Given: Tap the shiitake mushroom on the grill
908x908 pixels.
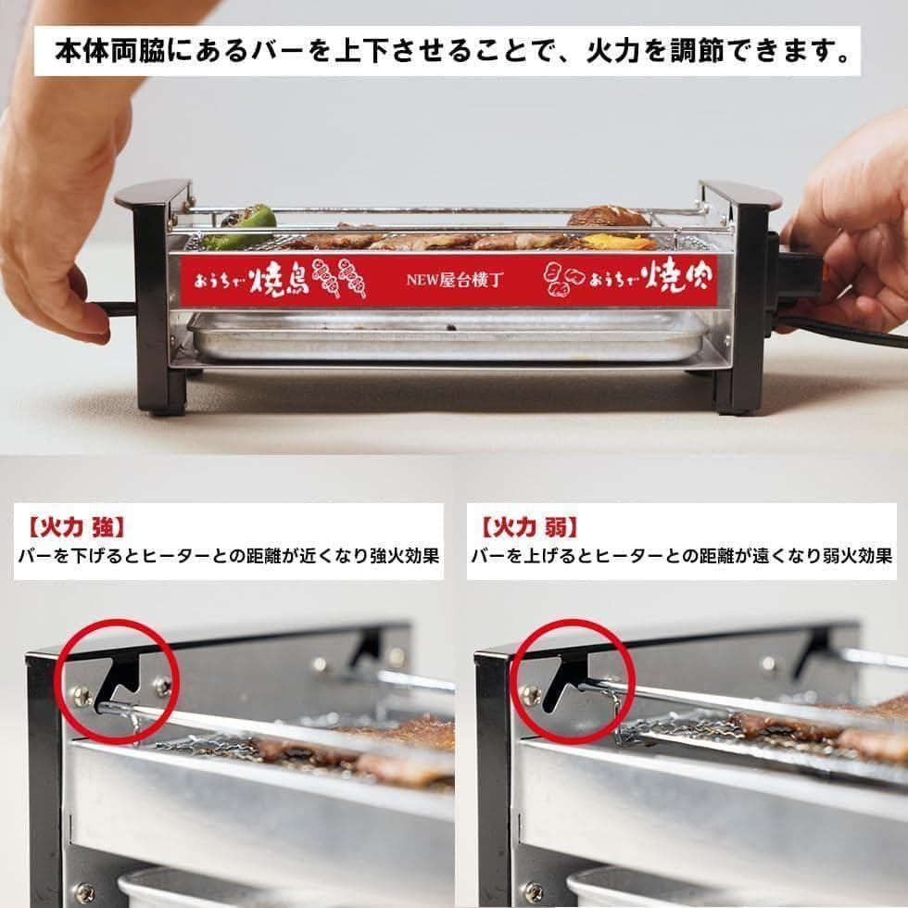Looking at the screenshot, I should point(608,217).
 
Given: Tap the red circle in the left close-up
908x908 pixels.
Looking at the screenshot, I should point(118,680).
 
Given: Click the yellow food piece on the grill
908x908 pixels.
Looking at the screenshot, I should point(618,242).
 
